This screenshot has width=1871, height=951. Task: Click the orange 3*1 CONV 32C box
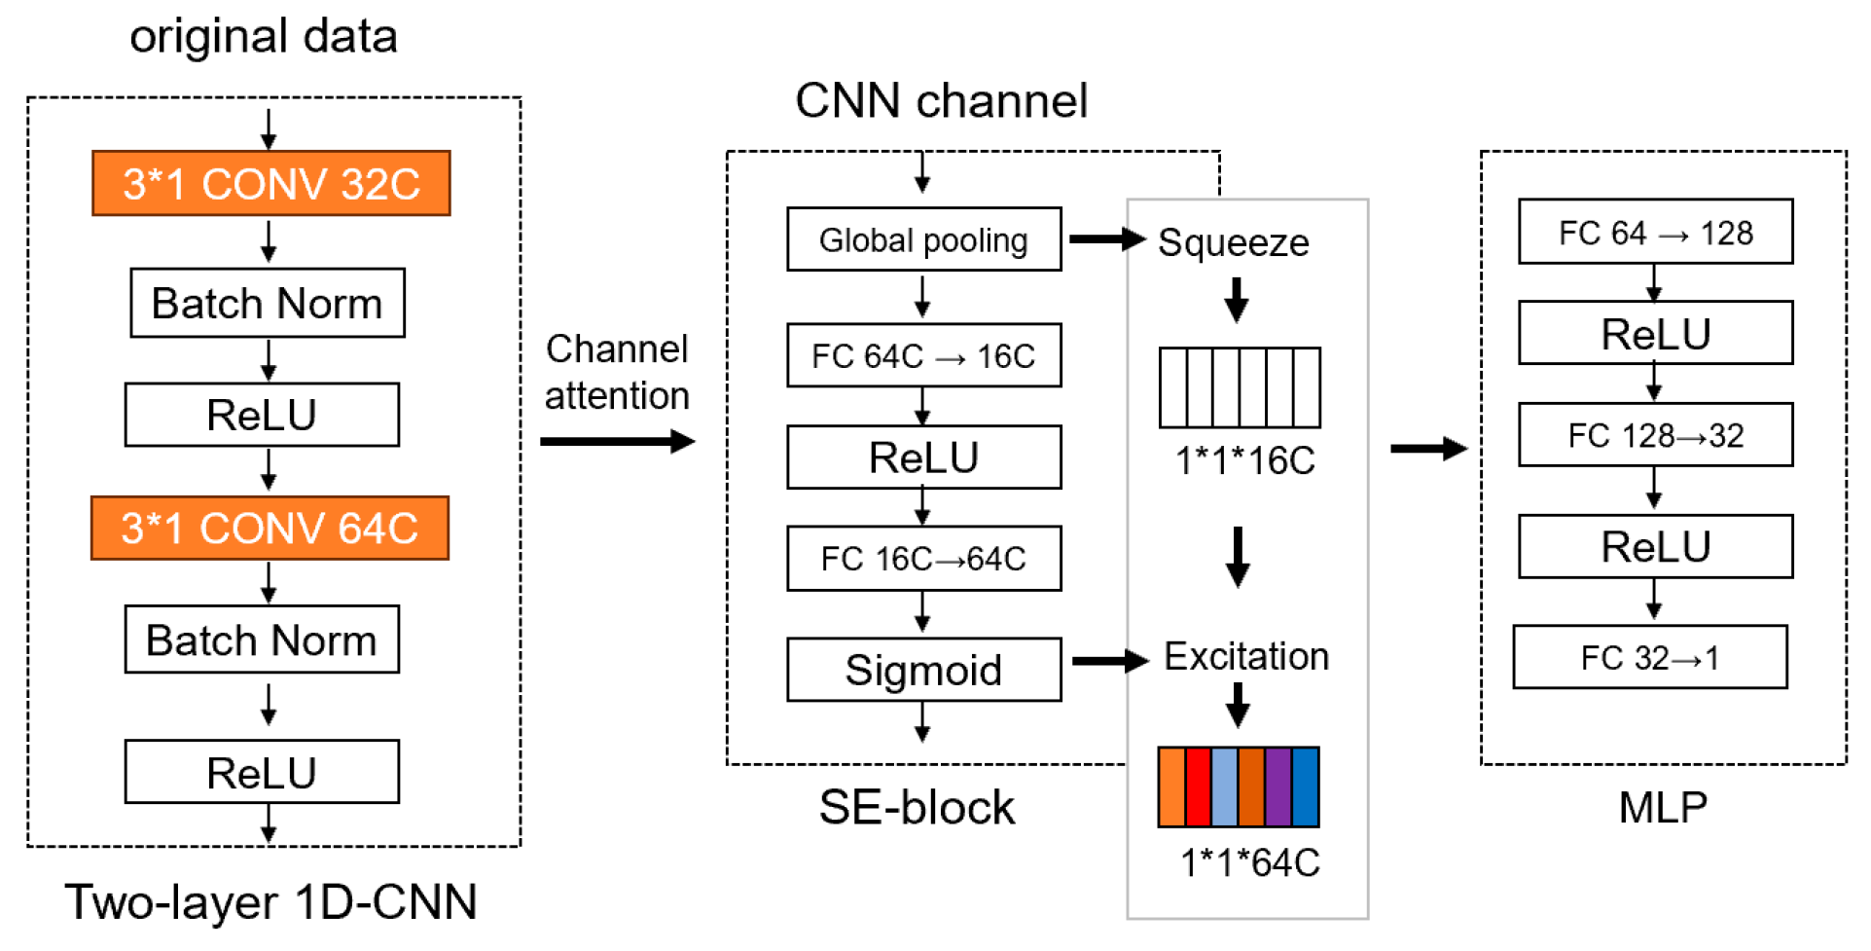pyautogui.click(x=270, y=183)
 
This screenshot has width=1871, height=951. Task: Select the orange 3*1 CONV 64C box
pyautogui.click(x=270, y=528)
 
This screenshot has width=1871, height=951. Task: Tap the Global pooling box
pyautogui.click(x=922, y=239)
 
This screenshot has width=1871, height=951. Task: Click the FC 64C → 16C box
pyautogui.click(x=922, y=355)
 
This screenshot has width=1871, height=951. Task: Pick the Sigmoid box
pyautogui.click(x=922, y=670)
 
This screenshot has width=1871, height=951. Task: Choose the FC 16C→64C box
pyautogui.click(x=922, y=559)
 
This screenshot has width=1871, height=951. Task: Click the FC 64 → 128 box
pyautogui.click(x=1654, y=232)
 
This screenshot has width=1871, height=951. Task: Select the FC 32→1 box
pyautogui.click(x=1649, y=657)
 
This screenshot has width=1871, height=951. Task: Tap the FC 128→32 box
pyautogui.click(x=1654, y=435)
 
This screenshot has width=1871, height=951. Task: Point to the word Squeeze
pyautogui.click(x=1233, y=242)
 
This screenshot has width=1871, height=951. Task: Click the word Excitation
pyautogui.click(x=1245, y=657)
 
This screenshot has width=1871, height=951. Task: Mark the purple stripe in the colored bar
pyautogui.click(x=1277, y=786)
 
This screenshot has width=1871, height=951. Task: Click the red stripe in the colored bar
pyautogui.click(x=1198, y=786)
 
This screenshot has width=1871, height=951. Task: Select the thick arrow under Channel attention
pyautogui.click(x=617, y=442)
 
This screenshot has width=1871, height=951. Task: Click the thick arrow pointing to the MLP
pyautogui.click(x=1427, y=449)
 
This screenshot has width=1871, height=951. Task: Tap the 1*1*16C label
pyautogui.click(x=1244, y=460)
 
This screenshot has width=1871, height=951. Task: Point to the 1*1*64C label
pyautogui.click(x=1249, y=862)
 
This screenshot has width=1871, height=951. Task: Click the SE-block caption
pyautogui.click(x=916, y=807)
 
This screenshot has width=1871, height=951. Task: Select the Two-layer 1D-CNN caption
pyautogui.click(x=270, y=901)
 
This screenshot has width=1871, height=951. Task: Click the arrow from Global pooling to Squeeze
pyautogui.click(x=1106, y=239)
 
